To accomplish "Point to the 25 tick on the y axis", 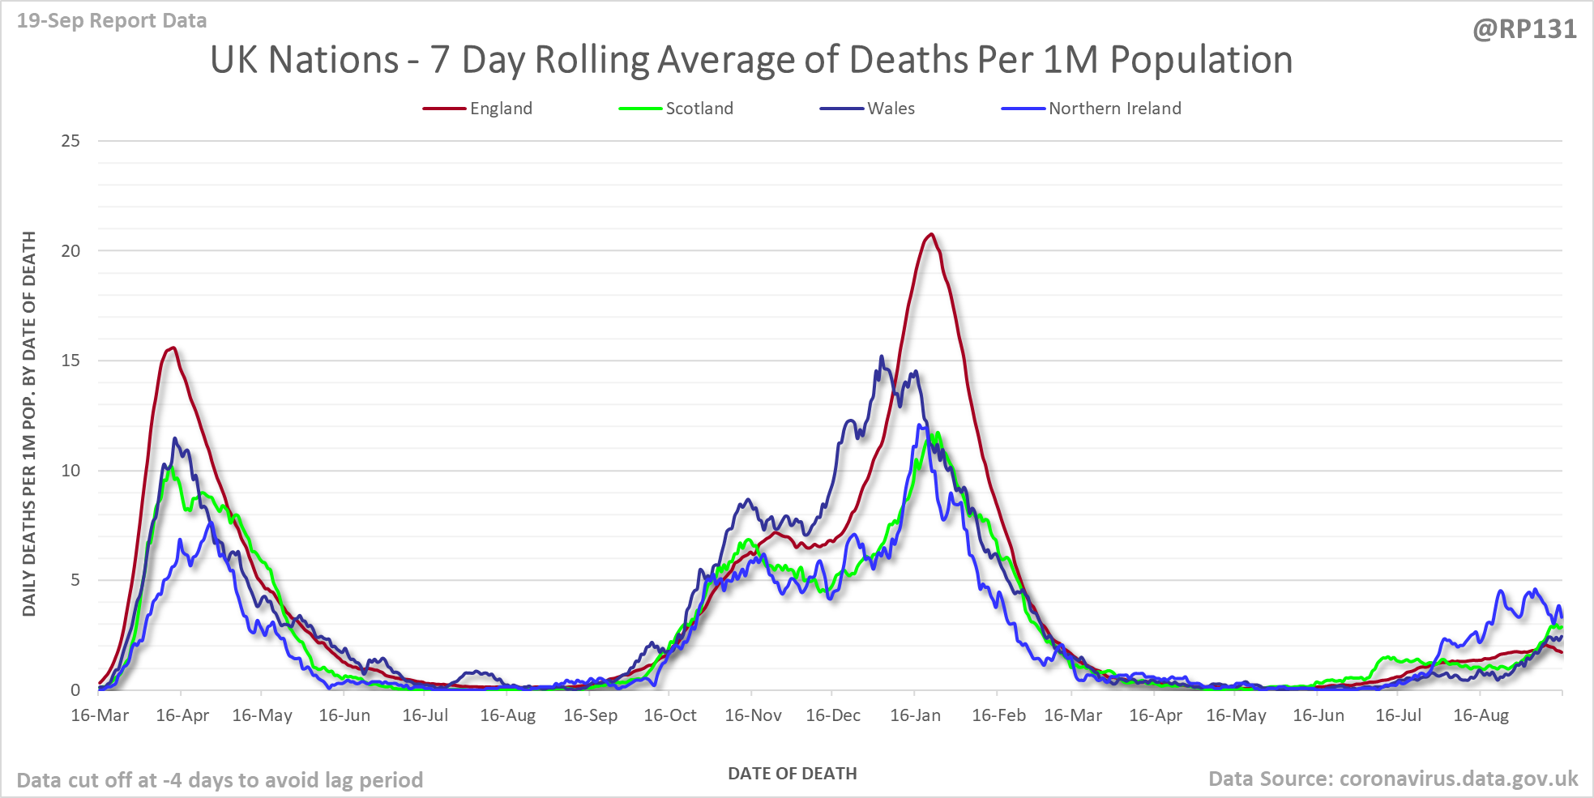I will click(x=71, y=141).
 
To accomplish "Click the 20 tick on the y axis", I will click(x=71, y=251).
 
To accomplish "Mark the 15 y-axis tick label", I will click(x=71, y=361).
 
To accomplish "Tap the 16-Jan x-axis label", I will click(x=915, y=715).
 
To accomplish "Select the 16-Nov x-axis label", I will click(x=753, y=715).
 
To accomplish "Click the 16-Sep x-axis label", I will click(x=590, y=715).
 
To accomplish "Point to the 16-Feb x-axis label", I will click(x=998, y=715).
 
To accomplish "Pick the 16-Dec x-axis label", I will click(x=833, y=715).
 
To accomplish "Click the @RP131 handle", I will click(x=1524, y=29).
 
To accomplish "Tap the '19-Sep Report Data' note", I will click(x=112, y=21).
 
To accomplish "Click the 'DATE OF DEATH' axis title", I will click(x=792, y=774).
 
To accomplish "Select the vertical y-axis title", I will click(x=29, y=424).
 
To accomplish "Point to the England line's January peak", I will click(x=931, y=234).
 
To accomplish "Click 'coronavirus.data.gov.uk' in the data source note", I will click(x=1458, y=779).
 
